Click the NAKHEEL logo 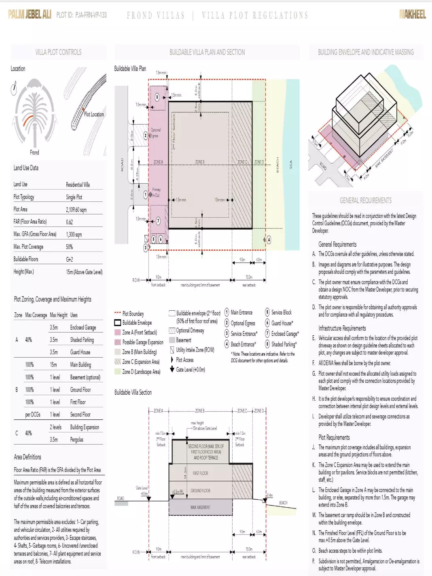[412, 15]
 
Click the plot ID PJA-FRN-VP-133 [81, 15]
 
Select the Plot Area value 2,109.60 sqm [76, 210]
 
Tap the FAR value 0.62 [70, 222]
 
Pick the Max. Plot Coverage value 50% [70, 247]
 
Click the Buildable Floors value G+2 [70, 259]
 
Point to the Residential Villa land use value [78, 184]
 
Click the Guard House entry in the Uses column [80, 352]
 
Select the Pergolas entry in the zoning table [76, 439]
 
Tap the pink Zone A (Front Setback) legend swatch [118, 332]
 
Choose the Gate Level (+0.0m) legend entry [190, 369]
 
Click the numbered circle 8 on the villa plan [157, 97]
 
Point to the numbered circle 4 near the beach [269, 240]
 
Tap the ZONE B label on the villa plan [200, 162]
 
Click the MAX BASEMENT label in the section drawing [200, 507]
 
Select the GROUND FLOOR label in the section [200, 491]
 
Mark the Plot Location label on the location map [94, 114]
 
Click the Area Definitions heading [28, 457]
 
